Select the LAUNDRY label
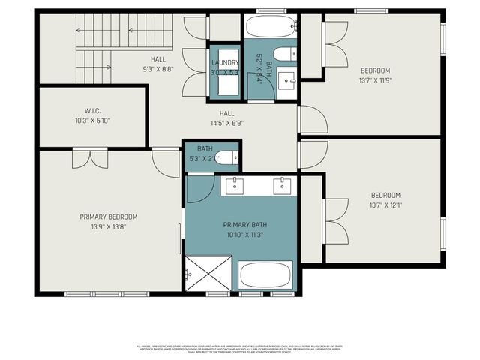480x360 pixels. pos(224,63)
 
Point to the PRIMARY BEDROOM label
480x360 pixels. pos(109,217)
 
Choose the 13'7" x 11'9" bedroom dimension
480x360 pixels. pos(385,79)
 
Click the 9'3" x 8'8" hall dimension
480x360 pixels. pos(157,68)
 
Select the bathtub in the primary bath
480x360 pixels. pos(266,274)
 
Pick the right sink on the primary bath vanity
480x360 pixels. pos(283,186)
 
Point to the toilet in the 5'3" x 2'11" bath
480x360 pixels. pos(233,158)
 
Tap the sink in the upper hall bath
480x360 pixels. pos(286,78)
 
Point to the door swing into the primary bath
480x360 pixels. pos(200,189)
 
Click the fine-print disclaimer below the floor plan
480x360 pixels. pos(240,349)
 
